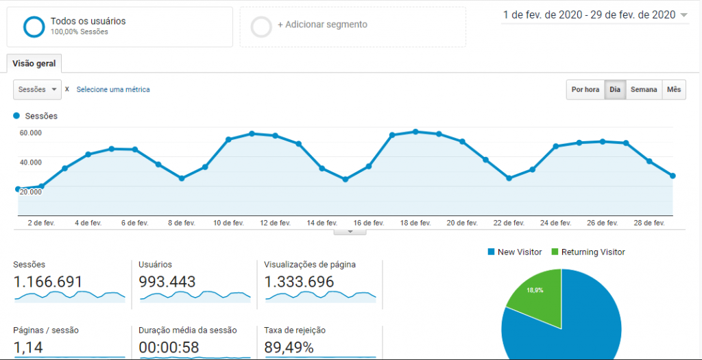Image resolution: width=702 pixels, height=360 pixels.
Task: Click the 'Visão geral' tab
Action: [x=34, y=64]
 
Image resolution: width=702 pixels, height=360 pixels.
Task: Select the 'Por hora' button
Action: [x=585, y=90]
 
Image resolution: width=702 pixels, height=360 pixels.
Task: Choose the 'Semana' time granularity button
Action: [x=644, y=90]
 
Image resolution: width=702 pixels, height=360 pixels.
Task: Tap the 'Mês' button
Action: [x=674, y=90]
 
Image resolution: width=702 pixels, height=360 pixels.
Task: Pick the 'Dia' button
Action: [x=615, y=90]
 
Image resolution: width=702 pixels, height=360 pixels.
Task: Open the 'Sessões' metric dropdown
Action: [x=37, y=90]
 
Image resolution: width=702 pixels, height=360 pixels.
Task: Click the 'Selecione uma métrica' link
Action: [x=113, y=90]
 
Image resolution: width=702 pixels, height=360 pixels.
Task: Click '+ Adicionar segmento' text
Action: [x=322, y=25]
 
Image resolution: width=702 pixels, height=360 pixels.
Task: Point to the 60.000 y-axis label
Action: [x=30, y=133]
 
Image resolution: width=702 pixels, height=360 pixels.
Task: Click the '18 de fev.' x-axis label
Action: [x=415, y=223]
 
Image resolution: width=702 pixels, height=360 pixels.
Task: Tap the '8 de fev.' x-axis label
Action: [x=181, y=223]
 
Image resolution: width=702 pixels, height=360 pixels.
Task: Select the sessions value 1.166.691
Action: [x=48, y=282]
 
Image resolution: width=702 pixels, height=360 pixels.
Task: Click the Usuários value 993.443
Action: [x=167, y=282]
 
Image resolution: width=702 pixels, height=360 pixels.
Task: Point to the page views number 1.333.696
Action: [x=300, y=282]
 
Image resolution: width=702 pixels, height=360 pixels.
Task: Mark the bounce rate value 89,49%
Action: [x=289, y=348]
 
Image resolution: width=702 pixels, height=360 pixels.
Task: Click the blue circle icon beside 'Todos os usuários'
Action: [x=34, y=26]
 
